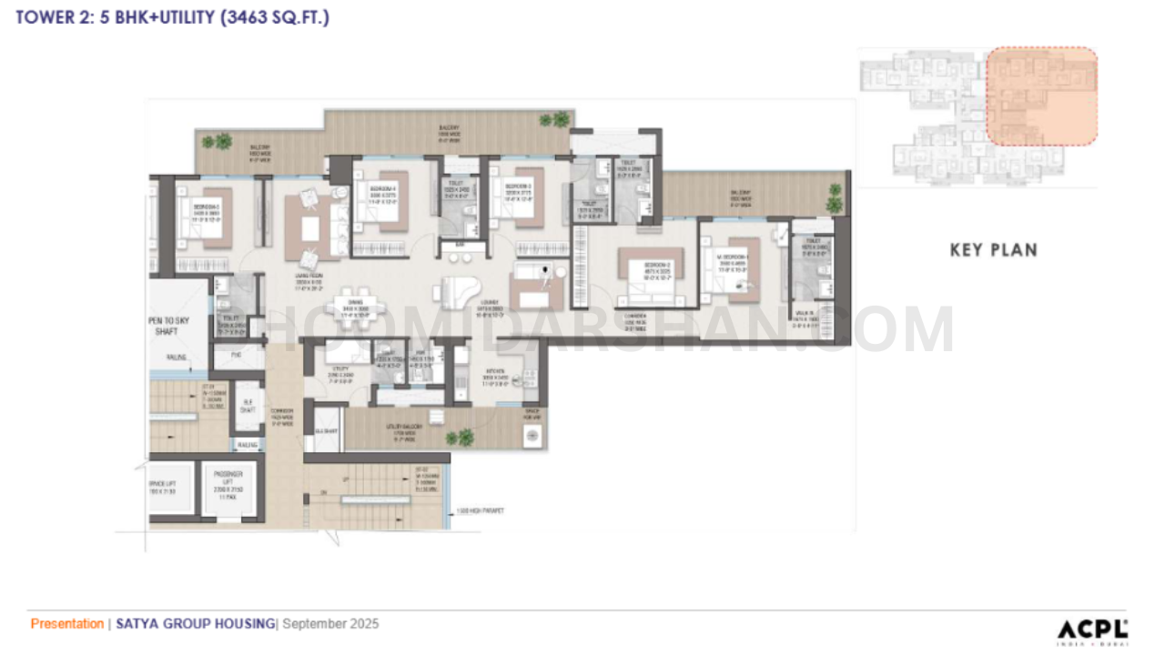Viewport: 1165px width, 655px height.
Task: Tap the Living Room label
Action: pos(310,278)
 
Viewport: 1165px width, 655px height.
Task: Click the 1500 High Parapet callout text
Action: pos(480,510)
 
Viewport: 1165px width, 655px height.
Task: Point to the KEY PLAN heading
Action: pos(993,250)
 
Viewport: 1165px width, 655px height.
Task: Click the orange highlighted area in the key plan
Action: pos(1041,96)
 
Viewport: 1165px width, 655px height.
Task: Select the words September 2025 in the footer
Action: pos(330,624)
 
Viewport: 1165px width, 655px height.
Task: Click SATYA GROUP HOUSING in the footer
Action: pos(195,624)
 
